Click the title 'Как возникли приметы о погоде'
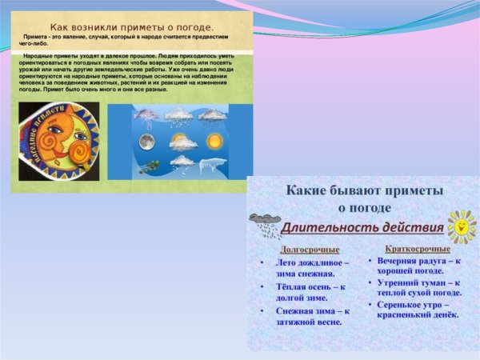pos(132,26)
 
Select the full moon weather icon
pos(146,142)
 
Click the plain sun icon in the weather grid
pos(214,142)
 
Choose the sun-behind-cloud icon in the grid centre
pos(182,142)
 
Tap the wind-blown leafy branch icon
pos(147,166)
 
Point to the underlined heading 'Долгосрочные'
pos(303,249)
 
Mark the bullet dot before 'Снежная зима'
pos(262,310)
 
